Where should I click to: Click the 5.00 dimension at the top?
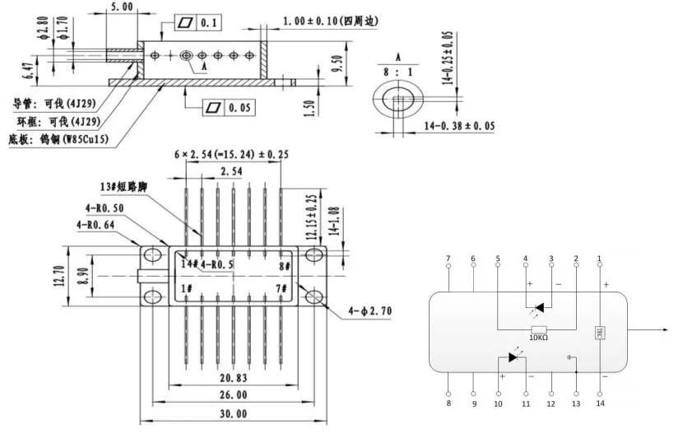pos(121,7)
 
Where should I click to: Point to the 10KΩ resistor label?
pos(540,338)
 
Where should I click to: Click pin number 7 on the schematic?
pos(448,259)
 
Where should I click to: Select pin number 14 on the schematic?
pos(600,404)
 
